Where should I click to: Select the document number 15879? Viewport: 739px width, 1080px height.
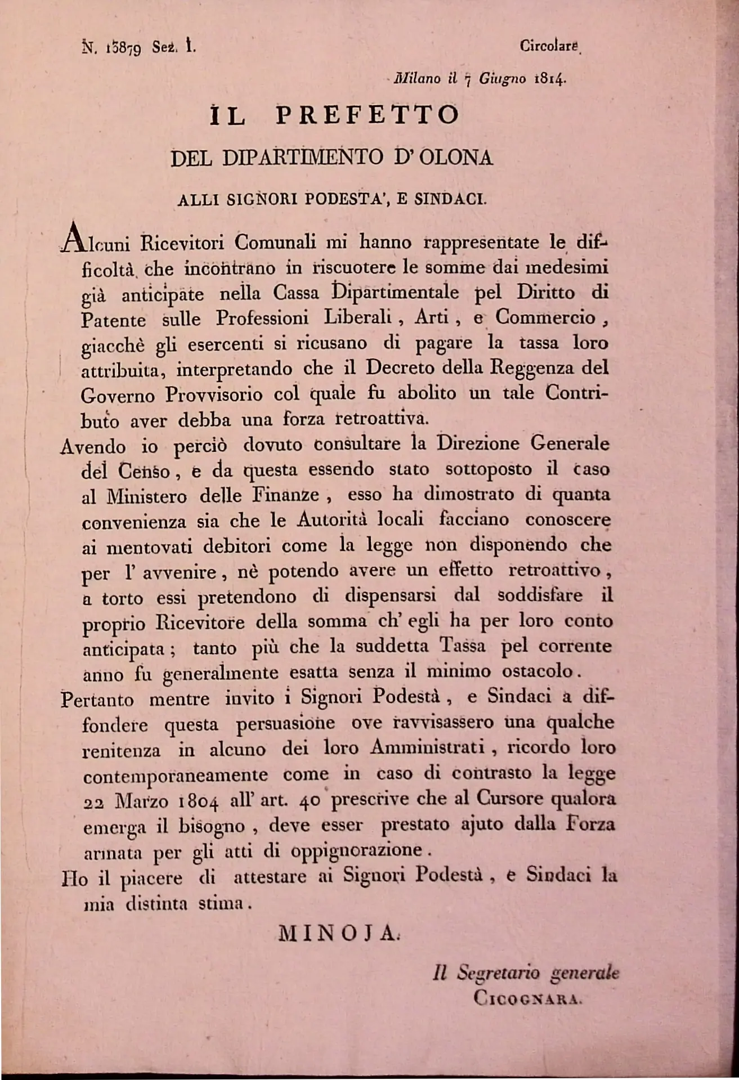point(117,48)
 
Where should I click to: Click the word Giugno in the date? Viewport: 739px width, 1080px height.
point(503,79)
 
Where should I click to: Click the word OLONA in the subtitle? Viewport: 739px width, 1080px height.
point(455,158)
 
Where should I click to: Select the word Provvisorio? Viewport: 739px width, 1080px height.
point(214,394)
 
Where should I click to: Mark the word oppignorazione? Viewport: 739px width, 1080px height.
point(356,850)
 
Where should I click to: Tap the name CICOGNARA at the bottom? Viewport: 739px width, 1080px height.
point(526,998)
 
